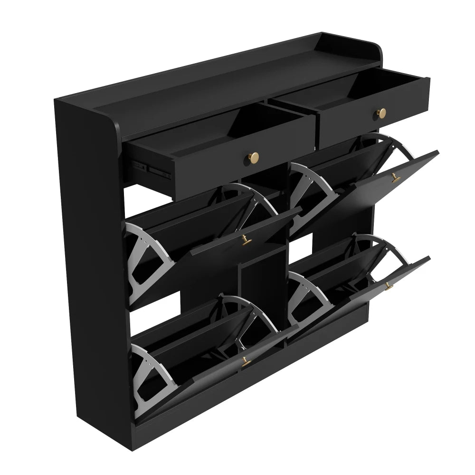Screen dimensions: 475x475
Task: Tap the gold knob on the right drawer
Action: [381, 113]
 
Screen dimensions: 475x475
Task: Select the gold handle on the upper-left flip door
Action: [246, 241]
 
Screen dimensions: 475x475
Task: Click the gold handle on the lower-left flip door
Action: [246, 362]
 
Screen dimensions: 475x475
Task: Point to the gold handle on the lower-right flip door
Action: [389, 286]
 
